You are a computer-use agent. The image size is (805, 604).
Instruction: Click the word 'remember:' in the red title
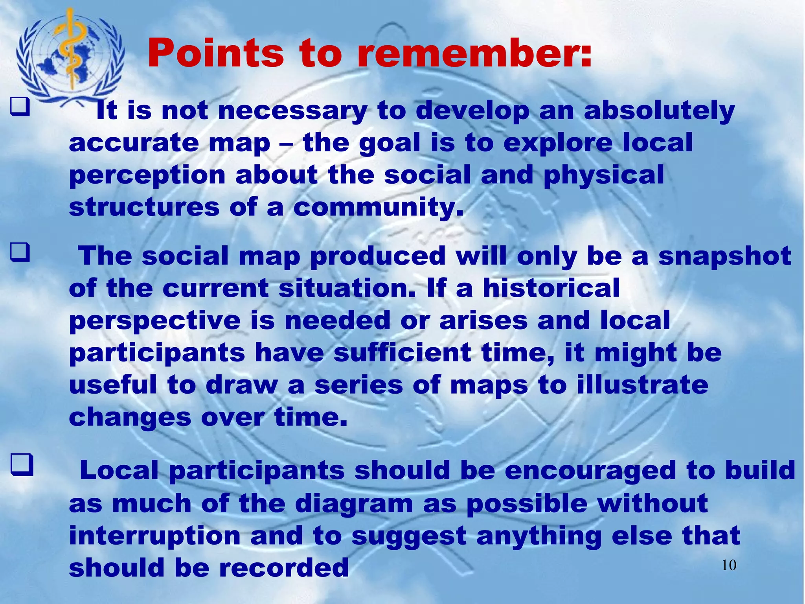click(474, 54)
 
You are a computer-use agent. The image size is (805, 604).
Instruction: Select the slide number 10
click(729, 565)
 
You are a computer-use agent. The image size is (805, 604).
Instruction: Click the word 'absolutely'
click(659, 111)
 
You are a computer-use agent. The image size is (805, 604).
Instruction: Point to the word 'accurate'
click(134, 143)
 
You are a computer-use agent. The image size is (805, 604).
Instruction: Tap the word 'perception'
click(147, 176)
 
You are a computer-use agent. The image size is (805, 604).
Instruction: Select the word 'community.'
click(379, 208)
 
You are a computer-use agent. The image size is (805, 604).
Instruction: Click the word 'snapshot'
click(724, 256)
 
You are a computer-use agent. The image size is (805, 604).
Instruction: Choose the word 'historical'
click(551, 288)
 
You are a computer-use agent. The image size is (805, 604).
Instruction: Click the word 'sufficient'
click(402, 353)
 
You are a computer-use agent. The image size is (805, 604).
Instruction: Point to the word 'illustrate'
click(643, 385)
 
